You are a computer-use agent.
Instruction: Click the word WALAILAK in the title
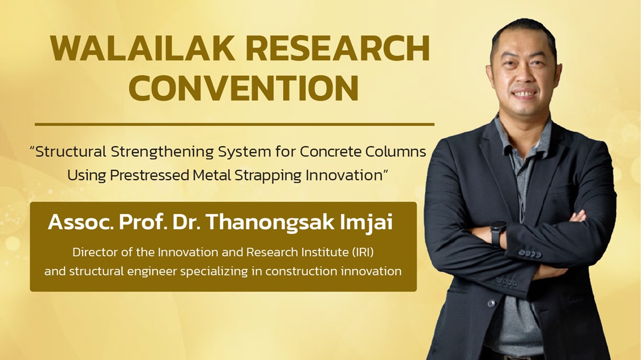coord(143,48)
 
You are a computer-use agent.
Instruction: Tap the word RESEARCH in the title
coord(338,48)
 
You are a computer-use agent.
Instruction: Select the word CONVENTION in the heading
coord(244,88)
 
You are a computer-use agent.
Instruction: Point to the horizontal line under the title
coord(234,124)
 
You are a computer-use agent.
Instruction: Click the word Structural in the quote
coord(71,152)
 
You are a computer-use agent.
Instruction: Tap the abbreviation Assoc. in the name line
coord(80,223)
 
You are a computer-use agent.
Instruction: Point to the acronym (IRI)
coord(362,252)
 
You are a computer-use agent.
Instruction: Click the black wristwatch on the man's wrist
coord(498,232)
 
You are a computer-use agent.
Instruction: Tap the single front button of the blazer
coord(492,303)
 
